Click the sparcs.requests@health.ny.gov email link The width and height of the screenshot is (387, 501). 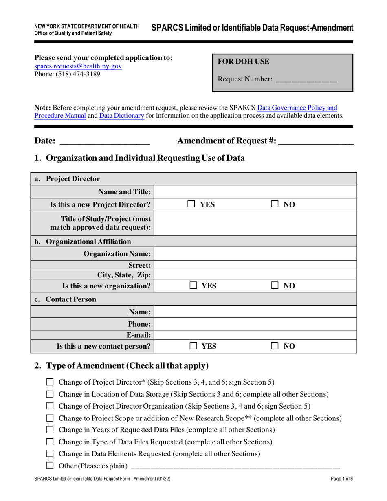[78, 66]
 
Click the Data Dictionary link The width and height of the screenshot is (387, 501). [122, 116]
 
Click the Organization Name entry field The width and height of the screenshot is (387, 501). [255, 254]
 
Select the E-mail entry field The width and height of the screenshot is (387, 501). [255, 335]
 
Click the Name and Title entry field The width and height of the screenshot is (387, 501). [255, 192]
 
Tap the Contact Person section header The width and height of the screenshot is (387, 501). [71, 299]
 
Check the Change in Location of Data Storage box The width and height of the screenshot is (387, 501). [50, 394]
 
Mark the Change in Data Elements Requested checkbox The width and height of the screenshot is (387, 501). [50, 453]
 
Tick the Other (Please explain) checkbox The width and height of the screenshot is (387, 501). [50, 466]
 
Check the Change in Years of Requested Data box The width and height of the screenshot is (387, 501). [50, 430]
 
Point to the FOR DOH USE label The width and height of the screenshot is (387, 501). [244, 62]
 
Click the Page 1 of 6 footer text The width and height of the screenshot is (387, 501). [342, 479]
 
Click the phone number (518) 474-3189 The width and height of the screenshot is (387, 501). [67, 74]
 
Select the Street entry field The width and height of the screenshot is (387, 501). [255, 265]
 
